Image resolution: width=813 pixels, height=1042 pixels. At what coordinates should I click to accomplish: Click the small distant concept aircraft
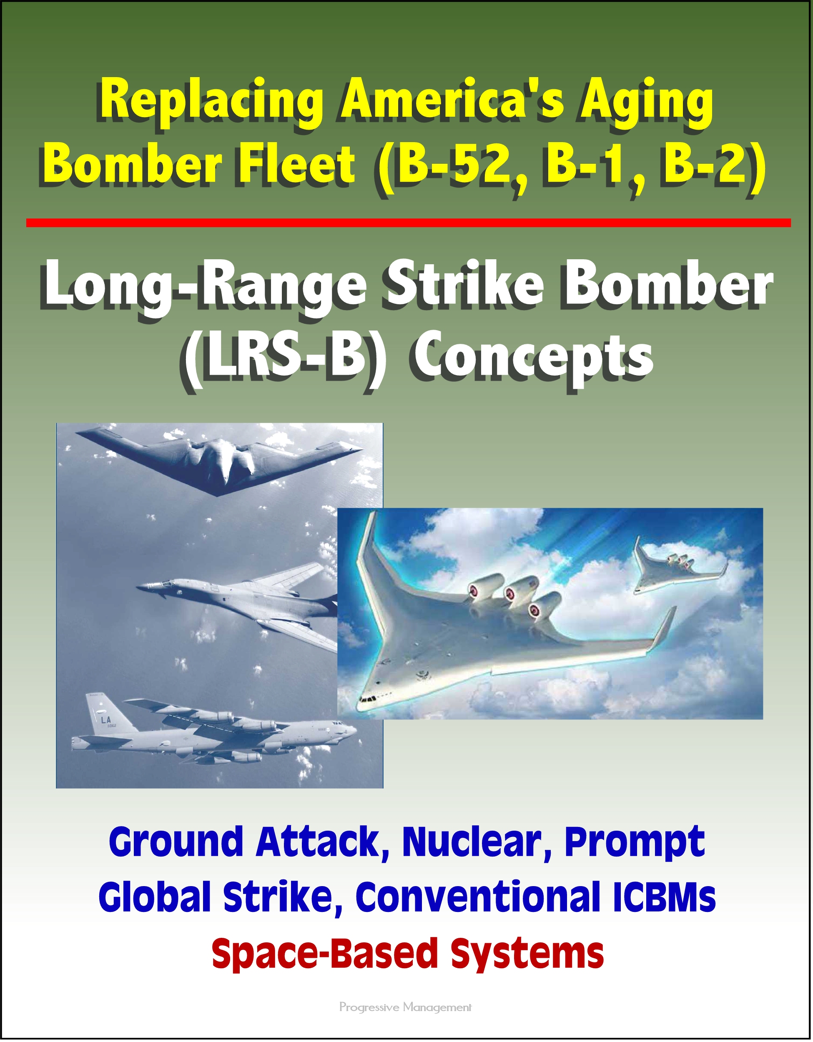coord(677,570)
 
